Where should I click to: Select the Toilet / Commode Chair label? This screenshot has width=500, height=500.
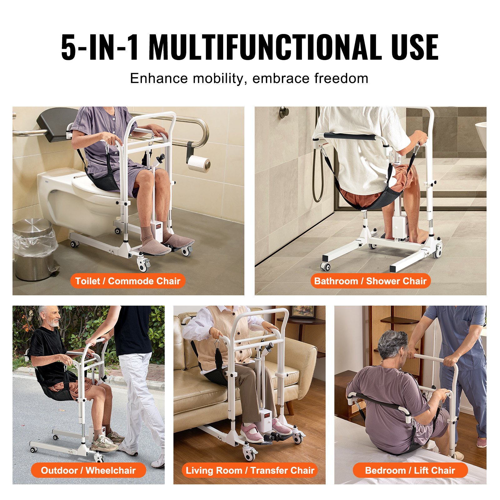pos(127,281)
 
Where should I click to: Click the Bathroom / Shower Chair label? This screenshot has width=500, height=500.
pos(370,281)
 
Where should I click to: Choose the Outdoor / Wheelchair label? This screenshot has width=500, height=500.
pos(88,470)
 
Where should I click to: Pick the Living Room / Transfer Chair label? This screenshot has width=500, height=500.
pos(250,470)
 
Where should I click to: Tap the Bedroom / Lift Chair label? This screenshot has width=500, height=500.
pos(410,470)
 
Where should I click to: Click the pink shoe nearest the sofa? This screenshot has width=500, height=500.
pos(252,433)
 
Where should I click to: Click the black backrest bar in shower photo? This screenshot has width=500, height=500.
pos(349,136)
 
